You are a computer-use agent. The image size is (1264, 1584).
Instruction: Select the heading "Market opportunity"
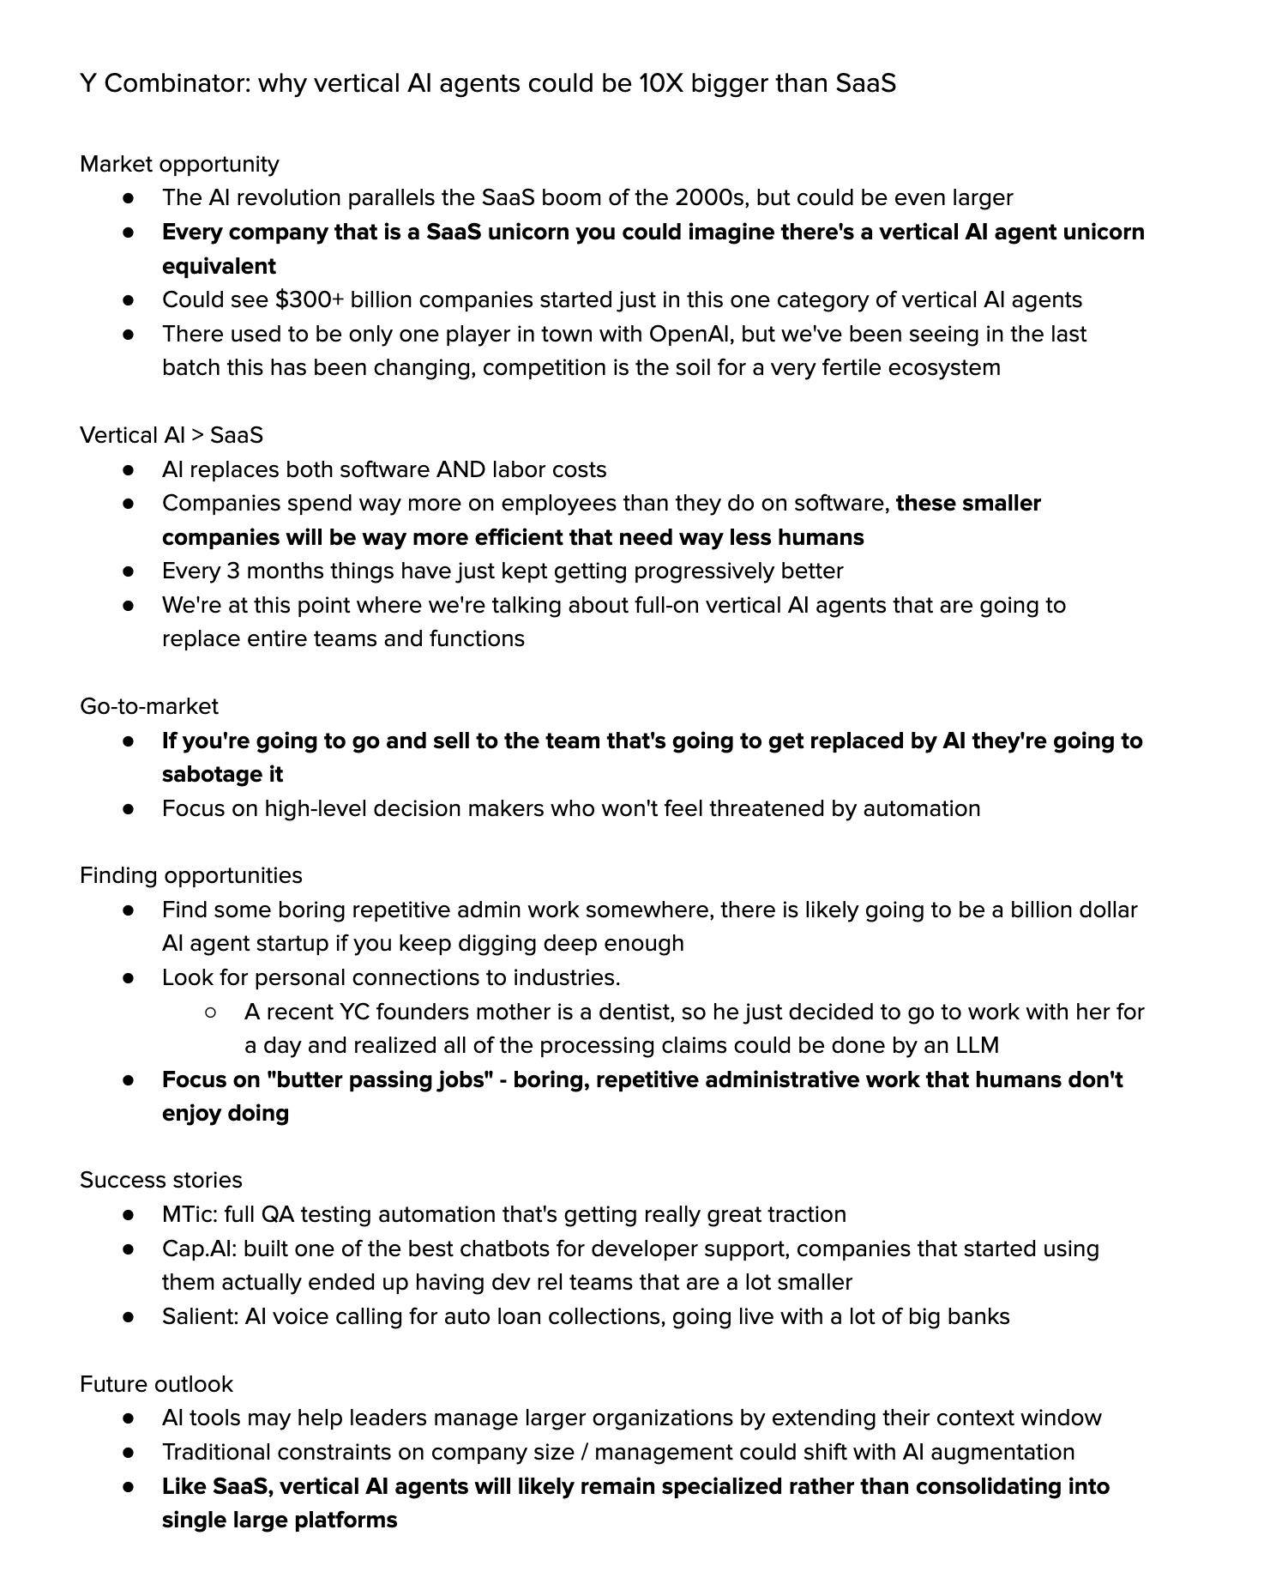pyautogui.click(x=179, y=164)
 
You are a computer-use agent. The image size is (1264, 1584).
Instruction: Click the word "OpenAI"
pyautogui.click(x=694, y=334)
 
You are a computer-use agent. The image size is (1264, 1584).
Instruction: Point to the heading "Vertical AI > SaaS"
pyautogui.click(x=172, y=435)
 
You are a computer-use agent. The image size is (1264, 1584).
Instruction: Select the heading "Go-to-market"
pyautogui.click(x=149, y=706)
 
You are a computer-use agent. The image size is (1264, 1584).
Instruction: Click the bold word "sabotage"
pyautogui.click(x=202, y=774)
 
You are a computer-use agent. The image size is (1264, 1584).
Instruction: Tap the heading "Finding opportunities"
pyautogui.click(x=191, y=875)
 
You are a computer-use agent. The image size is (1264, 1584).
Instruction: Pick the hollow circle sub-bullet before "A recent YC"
pyautogui.click(x=211, y=1013)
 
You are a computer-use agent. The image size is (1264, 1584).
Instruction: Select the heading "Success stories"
pyautogui.click(x=161, y=1180)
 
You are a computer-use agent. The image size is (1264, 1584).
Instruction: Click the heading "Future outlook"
pyautogui.click(x=156, y=1384)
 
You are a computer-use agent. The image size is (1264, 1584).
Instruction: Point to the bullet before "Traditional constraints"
pyautogui.click(x=129, y=1452)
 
